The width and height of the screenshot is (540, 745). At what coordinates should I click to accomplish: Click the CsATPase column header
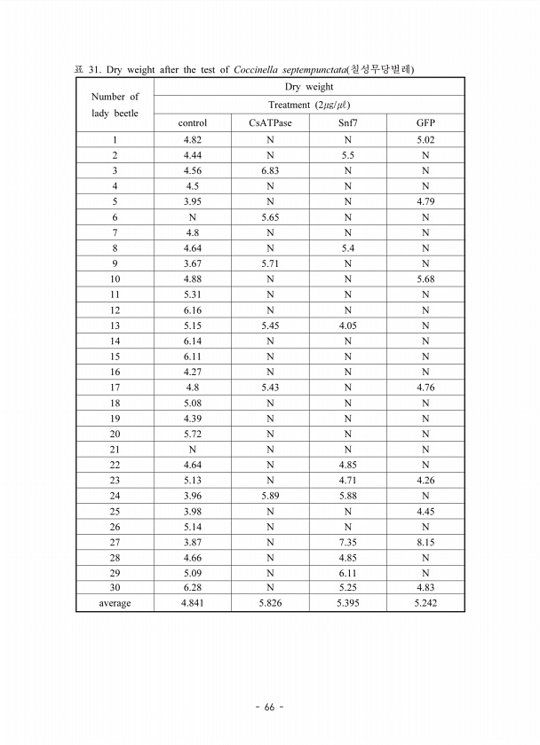pyautogui.click(x=270, y=122)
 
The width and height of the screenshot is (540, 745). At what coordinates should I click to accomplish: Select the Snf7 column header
pyautogui.click(x=347, y=122)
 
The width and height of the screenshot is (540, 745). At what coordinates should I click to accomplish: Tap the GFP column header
pyautogui.click(x=425, y=122)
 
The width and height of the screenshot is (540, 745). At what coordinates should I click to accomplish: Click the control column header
pyautogui.click(x=192, y=122)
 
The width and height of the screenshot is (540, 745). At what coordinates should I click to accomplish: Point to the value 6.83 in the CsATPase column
pyautogui.click(x=270, y=170)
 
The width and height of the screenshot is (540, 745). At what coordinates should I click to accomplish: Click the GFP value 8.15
pyautogui.click(x=425, y=542)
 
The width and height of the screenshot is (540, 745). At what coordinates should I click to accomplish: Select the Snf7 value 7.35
pyautogui.click(x=347, y=542)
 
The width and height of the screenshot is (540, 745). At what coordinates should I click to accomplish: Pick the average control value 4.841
pyautogui.click(x=192, y=604)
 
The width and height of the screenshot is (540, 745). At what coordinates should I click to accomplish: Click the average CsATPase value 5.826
pyautogui.click(x=270, y=604)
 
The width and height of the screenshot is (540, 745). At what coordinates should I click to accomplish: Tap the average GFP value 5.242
pyautogui.click(x=425, y=604)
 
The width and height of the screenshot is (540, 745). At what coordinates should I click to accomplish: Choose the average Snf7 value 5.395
pyautogui.click(x=347, y=604)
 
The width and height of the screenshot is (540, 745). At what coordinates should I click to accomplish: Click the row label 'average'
pyautogui.click(x=115, y=604)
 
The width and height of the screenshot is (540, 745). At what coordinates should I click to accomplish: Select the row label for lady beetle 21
pyautogui.click(x=115, y=449)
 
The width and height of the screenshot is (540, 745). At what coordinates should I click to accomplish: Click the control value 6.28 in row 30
pyautogui.click(x=192, y=588)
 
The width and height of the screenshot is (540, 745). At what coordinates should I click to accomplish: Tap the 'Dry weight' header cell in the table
pyautogui.click(x=309, y=87)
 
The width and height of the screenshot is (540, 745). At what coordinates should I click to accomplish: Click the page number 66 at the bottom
pyautogui.click(x=269, y=707)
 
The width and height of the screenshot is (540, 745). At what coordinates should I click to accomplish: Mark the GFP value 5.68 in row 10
pyautogui.click(x=425, y=278)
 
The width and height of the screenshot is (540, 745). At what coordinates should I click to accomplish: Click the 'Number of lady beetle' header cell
pyautogui.click(x=115, y=105)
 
